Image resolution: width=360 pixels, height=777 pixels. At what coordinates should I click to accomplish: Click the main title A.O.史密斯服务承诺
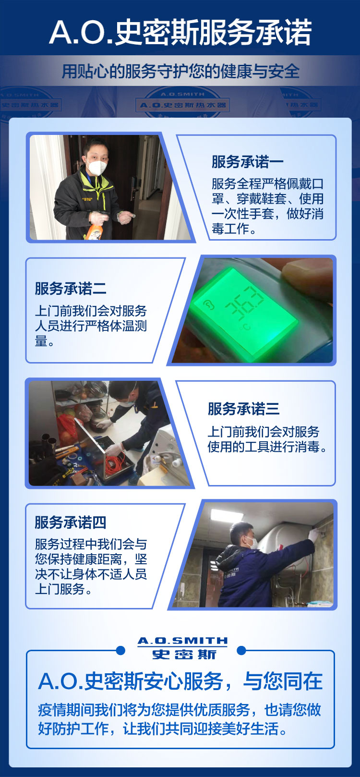point(180,33)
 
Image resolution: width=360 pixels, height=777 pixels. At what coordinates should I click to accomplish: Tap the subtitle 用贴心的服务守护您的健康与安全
point(180,72)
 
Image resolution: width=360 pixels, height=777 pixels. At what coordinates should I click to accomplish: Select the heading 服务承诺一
point(248,162)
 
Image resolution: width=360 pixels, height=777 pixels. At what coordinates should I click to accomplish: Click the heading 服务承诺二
point(71,288)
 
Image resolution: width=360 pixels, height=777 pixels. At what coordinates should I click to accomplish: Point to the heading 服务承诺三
point(244,409)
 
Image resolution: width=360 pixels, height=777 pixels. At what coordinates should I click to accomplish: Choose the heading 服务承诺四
point(71,522)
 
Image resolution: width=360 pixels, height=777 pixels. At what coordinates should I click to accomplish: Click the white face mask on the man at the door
point(97,167)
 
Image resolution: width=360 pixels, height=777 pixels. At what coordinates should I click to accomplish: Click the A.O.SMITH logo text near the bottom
point(182,641)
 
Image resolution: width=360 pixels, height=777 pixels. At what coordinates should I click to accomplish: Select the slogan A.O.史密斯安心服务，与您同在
point(180,681)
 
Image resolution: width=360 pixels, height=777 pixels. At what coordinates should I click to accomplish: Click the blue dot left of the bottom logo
point(120,650)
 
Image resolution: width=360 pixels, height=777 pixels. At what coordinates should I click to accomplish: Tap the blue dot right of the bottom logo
point(241,650)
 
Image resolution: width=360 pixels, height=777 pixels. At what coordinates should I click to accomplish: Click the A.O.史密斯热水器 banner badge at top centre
point(182,105)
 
